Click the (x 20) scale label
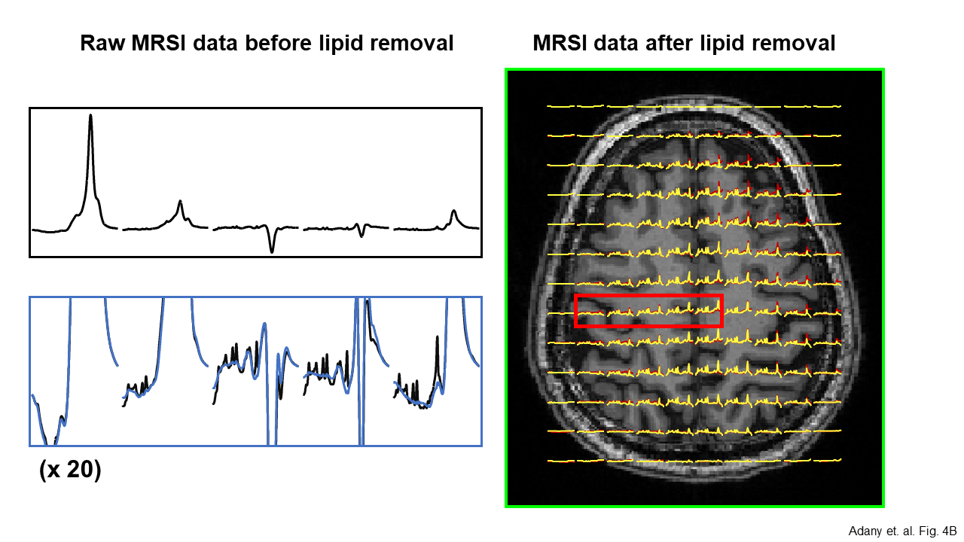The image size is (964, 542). point(69,470)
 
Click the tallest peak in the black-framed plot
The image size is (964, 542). point(91,117)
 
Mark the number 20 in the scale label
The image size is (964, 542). point(81,470)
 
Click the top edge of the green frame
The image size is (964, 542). point(694,70)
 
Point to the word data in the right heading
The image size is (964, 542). point(612,44)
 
